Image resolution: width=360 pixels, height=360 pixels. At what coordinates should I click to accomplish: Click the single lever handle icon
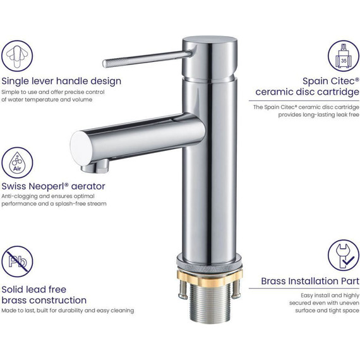click(17, 56)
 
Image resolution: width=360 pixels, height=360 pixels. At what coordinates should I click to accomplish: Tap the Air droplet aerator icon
click(17, 162)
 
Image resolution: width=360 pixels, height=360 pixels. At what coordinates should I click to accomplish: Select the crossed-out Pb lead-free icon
click(17, 261)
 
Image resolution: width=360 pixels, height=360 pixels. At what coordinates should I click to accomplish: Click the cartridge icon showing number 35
click(344, 56)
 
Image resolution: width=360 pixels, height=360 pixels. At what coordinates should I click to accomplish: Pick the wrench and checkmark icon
click(344, 255)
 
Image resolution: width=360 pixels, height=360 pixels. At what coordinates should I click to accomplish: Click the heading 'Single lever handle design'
click(61, 81)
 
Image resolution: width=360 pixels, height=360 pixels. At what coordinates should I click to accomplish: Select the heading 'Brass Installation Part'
click(310, 281)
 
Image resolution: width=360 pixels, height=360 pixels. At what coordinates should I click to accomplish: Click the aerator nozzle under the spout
click(95, 167)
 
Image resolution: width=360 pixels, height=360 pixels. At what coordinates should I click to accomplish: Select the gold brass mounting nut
click(210, 278)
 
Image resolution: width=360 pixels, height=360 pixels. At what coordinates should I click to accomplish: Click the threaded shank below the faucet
click(210, 304)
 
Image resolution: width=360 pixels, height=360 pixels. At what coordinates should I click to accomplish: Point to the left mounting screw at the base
click(183, 289)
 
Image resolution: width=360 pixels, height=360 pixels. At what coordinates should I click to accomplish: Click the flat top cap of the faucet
click(210, 41)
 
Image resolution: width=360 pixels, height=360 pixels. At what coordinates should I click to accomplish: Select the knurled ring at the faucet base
click(210, 267)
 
